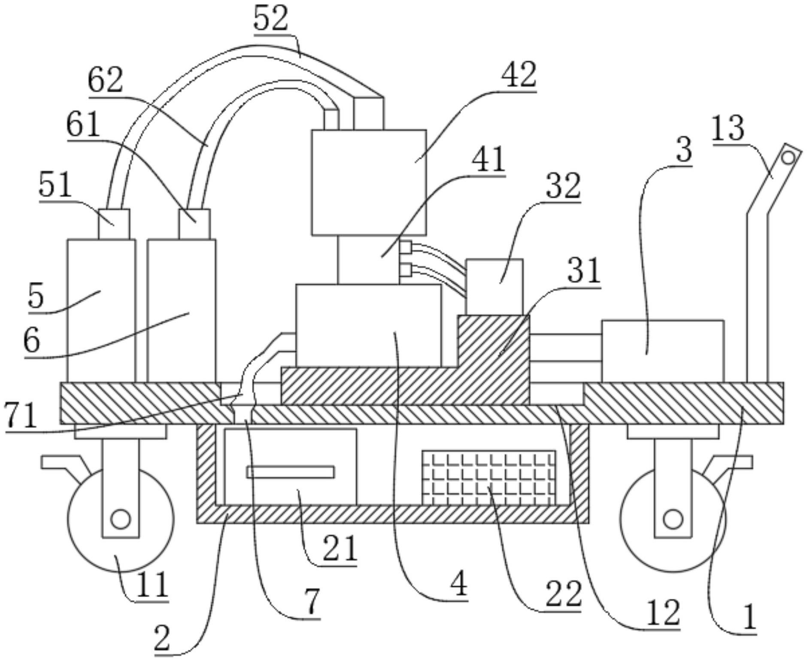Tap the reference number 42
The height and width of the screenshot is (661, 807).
click(519, 76)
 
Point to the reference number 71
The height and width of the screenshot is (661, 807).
click(20, 415)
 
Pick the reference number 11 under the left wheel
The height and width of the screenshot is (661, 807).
click(151, 585)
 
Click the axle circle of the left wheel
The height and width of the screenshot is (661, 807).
click(120, 519)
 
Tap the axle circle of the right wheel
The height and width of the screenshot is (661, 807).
click(673, 519)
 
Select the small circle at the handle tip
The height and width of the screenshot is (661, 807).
click(788, 158)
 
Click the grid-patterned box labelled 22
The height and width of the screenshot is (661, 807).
click(488, 478)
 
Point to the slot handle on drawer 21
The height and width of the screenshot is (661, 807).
click(290, 472)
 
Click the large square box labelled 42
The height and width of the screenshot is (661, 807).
click(369, 182)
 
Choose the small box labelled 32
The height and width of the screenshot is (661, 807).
click(494, 286)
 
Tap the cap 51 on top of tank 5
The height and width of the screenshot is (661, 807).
click(114, 224)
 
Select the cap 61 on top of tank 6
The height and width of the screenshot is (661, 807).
click(194, 224)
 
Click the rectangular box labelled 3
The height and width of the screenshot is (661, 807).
click(663, 351)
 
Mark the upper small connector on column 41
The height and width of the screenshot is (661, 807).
click(405, 247)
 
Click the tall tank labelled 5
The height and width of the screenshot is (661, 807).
click(101, 311)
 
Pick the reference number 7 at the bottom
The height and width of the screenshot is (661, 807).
click(312, 601)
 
